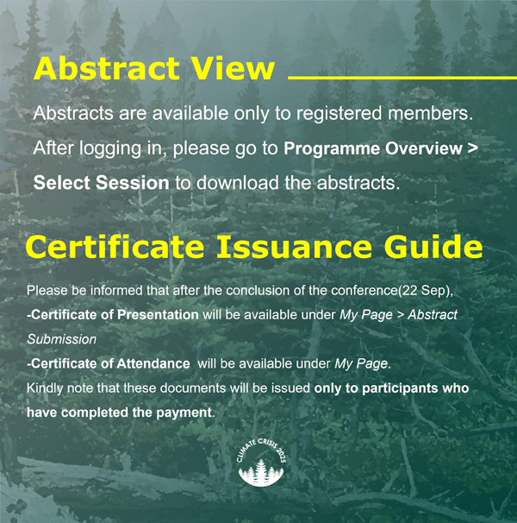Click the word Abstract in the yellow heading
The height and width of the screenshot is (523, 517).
(x=107, y=68)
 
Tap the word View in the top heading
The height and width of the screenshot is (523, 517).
(x=234, y=68)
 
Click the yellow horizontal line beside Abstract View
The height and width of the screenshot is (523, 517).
(x=402, y=78)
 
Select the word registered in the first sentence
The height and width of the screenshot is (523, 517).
(x=339, y=114)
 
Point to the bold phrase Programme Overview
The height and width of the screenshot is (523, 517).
(x=373, y=148)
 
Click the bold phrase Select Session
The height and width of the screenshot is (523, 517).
(x=102, y=183)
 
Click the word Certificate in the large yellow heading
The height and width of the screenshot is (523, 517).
(x=115, y=247)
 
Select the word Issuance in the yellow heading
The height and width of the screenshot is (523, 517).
(x=294, y=247)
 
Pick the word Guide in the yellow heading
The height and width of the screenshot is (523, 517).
(x=433, y=247)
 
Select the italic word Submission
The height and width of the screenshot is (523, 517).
(x=62, y=339)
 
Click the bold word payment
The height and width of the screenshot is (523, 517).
(x=184, y=413)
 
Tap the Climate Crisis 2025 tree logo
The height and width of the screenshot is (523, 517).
(x=261, y=463)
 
